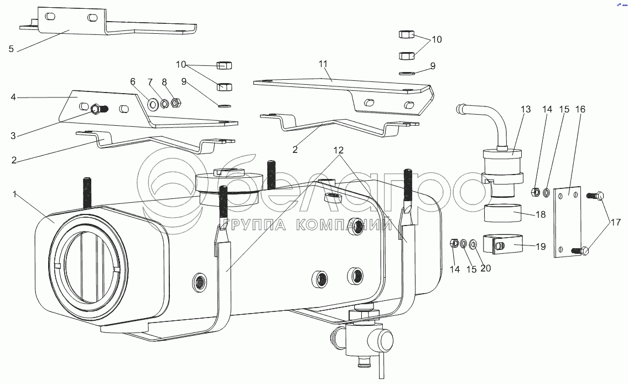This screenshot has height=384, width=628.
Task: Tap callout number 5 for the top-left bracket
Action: pos(11,49)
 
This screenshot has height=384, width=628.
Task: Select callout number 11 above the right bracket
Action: pos(323,65)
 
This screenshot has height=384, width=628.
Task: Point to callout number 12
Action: pos(338,150)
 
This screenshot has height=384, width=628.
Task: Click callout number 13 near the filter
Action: pos(525,110)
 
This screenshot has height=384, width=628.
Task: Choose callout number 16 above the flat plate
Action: pos(580,110)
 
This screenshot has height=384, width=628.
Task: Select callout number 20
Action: pos(486,269)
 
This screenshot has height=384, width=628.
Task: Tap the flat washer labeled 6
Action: pos(152,104)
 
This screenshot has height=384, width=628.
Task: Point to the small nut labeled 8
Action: pos(176,103)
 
